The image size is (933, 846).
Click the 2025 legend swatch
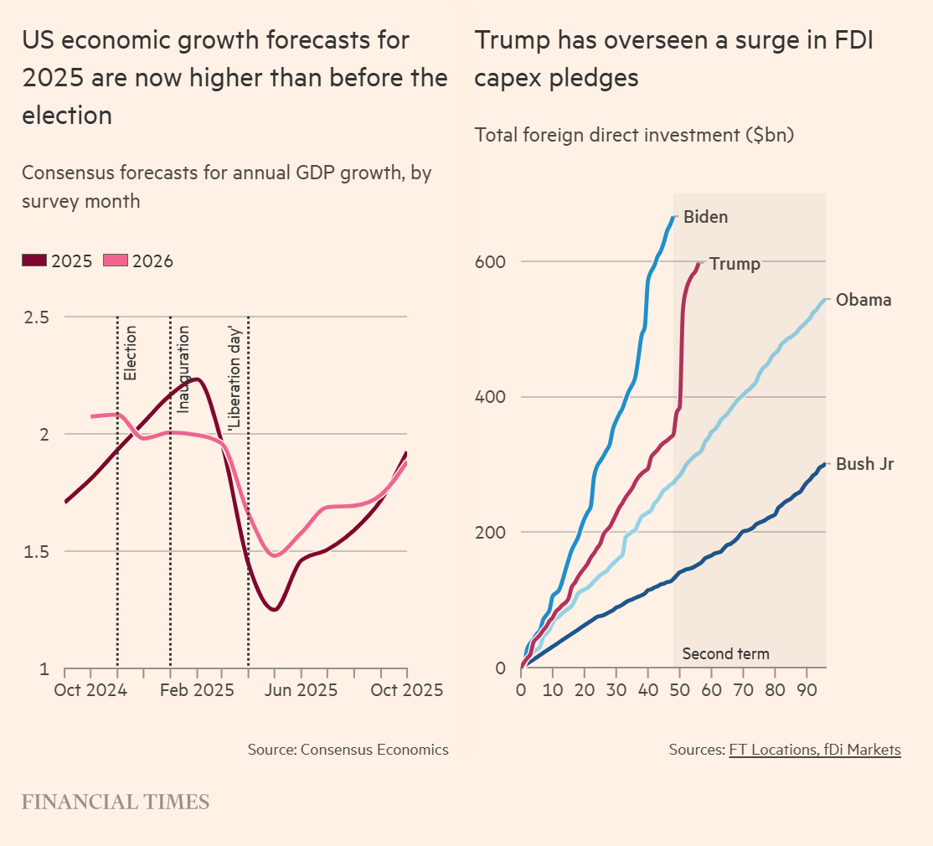(35, 261)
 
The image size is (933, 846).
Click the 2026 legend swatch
(116, 261)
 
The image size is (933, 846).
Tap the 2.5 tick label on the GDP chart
(37, 317)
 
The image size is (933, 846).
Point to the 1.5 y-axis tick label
(37, 552)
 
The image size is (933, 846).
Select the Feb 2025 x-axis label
(197, 690)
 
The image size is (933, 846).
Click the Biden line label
(706, 217)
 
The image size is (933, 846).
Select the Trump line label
(735, 265)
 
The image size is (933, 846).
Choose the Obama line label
(863, 300)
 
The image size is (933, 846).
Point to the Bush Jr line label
(865, 464)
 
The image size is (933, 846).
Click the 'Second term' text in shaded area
(725, 654)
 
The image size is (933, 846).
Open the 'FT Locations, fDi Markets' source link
(815, 750)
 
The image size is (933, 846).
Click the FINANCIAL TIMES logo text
(116, 802)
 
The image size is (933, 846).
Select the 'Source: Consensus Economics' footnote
(348, 750)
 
